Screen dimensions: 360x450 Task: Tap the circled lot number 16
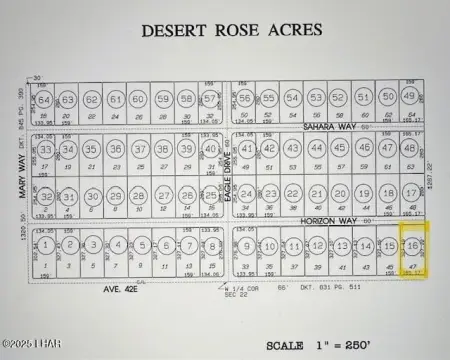tap(411, 246)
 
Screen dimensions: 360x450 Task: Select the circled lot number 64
tap(45, 101)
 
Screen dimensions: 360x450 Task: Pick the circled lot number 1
tap(46, 246)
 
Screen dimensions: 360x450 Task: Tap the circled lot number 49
tap(411, 98)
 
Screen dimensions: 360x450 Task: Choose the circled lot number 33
tap(46, 150)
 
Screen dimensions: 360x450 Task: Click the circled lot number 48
tap(411, 148)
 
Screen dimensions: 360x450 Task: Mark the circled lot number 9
tap(245, 246)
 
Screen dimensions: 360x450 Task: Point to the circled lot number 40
tap(211, 150)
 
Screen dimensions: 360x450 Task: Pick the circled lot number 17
tap(411, 193)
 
